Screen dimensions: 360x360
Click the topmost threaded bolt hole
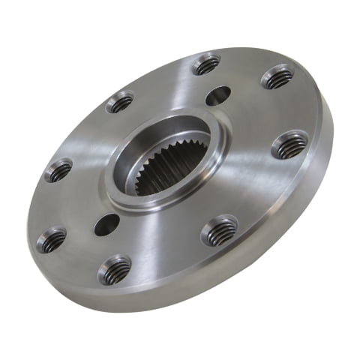[206, 64]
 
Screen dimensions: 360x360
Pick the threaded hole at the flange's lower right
[219, 230]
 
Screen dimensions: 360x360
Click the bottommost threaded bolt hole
[114, 269]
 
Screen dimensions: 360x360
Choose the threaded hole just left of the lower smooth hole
[51, 240]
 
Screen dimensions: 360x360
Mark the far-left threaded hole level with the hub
[58, 170]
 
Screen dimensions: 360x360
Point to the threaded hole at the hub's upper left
[120, 101]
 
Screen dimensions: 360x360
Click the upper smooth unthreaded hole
[218, 95]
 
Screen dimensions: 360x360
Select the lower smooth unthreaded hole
[106, 223]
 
